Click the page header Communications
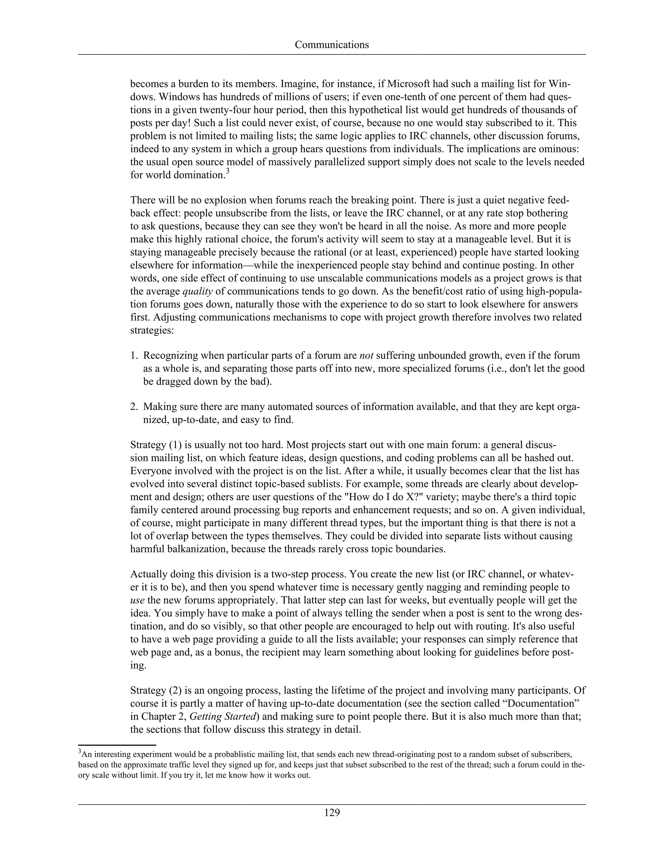[332, 45]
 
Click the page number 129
[332, 813]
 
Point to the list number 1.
[134, 356]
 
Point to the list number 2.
[134, 407]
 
